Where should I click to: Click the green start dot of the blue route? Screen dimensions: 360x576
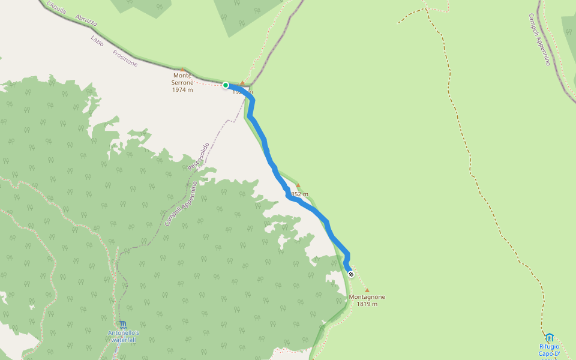click(226, 85)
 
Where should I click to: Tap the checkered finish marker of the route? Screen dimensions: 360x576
click(350, 274)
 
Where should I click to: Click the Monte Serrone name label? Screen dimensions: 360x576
click(182, 79)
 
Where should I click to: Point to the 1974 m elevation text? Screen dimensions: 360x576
click(182, 89)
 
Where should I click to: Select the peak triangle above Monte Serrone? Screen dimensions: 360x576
click(182, 70)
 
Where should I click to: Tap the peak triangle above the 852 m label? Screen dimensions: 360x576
click(298, 185)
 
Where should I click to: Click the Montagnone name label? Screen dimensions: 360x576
click(367, 296)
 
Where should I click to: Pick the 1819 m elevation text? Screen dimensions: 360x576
click(367, 304)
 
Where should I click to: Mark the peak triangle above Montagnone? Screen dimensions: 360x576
click(367, 290)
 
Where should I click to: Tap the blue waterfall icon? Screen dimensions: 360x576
click(122, 325)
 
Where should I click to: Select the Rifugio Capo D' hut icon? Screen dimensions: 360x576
click(549, 337)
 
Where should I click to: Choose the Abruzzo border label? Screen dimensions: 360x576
click(86, 21)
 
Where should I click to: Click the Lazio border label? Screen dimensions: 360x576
click(97, 41)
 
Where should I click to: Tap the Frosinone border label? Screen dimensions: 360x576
click(125, 58)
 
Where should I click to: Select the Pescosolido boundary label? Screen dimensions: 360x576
click(198, 156)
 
